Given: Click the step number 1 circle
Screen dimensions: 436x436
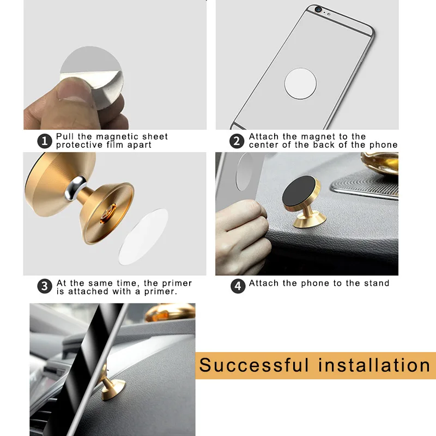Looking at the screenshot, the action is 45,141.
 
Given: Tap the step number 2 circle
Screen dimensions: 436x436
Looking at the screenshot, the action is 237,141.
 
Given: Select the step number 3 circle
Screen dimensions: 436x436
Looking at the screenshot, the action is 45,286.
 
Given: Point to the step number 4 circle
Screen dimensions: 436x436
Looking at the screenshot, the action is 238,286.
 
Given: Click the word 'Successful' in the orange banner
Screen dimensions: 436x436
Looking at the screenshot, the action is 254,365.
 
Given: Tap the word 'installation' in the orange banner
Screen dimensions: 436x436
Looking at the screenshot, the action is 374,365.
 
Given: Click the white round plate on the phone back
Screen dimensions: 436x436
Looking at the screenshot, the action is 300,83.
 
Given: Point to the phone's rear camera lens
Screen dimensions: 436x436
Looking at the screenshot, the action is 318,9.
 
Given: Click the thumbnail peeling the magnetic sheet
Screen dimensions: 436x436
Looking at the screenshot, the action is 75,88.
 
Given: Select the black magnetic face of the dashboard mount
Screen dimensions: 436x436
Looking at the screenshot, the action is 299,191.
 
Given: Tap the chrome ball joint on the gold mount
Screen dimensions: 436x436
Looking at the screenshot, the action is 75,188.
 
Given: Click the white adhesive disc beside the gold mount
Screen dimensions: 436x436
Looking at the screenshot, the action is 143,237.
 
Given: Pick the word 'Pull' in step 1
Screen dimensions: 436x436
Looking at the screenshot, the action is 65,136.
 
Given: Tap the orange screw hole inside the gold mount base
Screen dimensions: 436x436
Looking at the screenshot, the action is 108,214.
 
